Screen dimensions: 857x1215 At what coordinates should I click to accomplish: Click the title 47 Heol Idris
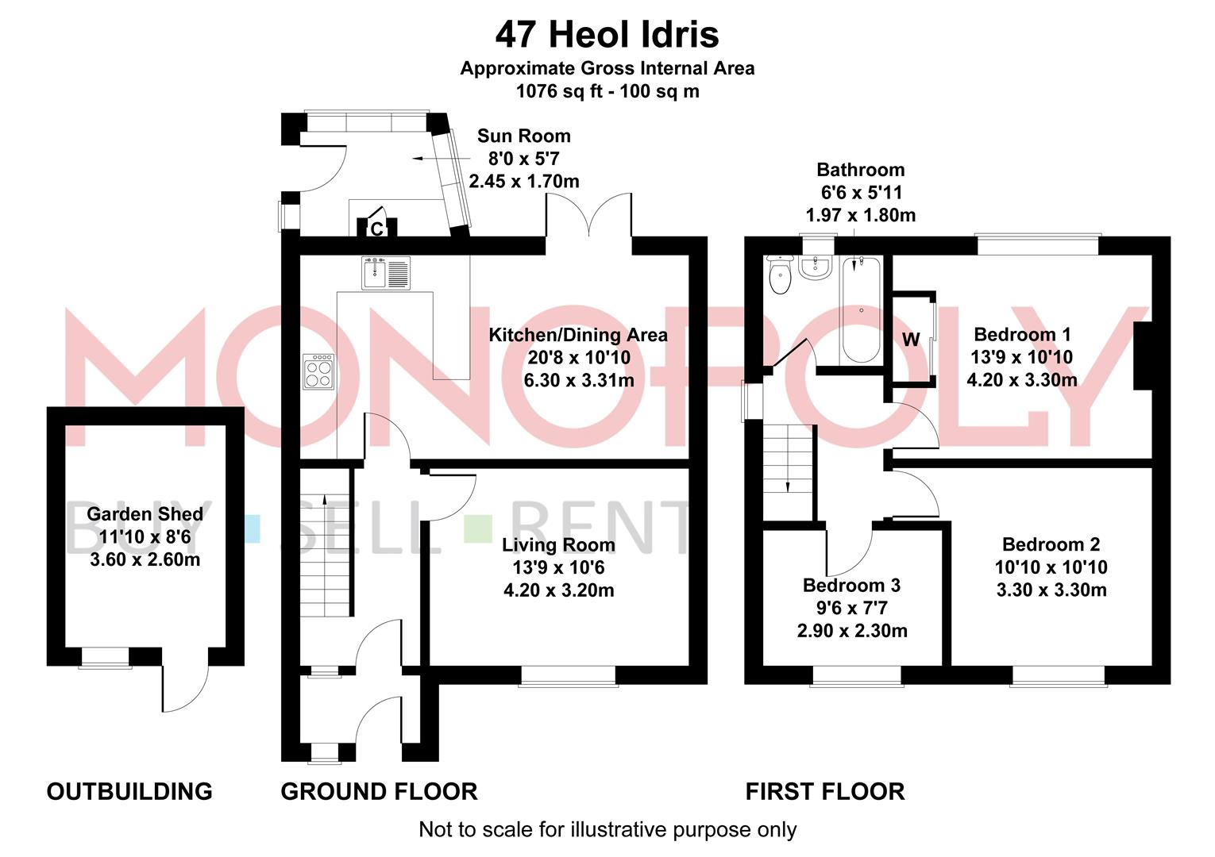pyautogui.click(x=607, y=35)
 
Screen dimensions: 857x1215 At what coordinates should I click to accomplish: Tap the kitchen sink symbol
pyautogui.click(x=386, y=273)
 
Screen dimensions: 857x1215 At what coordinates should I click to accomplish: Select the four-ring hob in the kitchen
pyautogui.click(x=319, y=371)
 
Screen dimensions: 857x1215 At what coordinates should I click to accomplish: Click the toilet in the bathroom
pyautogui.click(x=780, y=275)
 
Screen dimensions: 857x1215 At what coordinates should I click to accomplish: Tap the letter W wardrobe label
pyautogui.click(x=911, y=340)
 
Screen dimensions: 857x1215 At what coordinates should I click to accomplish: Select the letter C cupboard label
pyautogui.click(x=377, y=229)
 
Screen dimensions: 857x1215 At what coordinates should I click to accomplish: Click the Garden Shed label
pyautogui.click(x=145, y=514)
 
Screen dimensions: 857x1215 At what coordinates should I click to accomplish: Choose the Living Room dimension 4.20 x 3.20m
pyautogui.click(x=558, y=590)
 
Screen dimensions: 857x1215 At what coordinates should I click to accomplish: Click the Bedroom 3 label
pyautogui.click(x=851, y=586)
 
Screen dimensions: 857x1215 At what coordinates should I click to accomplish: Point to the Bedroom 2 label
pyautogui.click(x=1051, y=544)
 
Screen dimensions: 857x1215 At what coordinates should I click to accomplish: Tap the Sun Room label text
pyautogui.click(x=523, y=136)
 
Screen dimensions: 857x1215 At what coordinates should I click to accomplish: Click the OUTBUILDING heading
pyautogui.click(x=129, y=791)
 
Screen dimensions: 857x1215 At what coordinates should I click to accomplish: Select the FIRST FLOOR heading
pyautogui.click(x=824, y=791)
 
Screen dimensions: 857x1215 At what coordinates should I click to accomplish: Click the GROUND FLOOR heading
pyautogui.click(x=379, y=791)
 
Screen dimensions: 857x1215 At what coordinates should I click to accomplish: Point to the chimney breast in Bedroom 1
pyautogui.click(x=1142, y=355)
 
